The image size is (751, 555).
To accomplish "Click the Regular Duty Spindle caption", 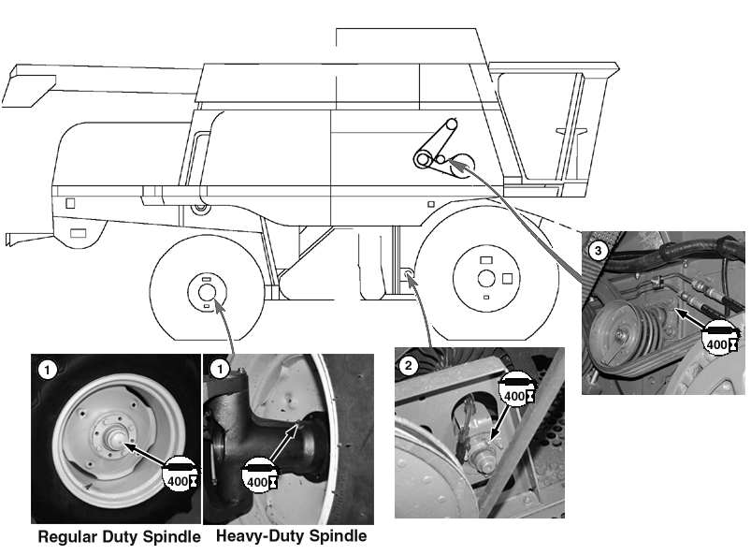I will [x=118, y=537].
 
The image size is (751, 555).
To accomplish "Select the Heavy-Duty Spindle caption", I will [x=291, y=537].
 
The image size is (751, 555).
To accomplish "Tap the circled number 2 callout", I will [x=408, y=364].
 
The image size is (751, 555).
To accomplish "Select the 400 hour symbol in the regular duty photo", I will [x=181, y=474].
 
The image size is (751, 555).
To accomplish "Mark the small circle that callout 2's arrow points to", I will [x=409, y=275].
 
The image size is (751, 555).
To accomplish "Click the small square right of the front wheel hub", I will [x=508, y=278].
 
